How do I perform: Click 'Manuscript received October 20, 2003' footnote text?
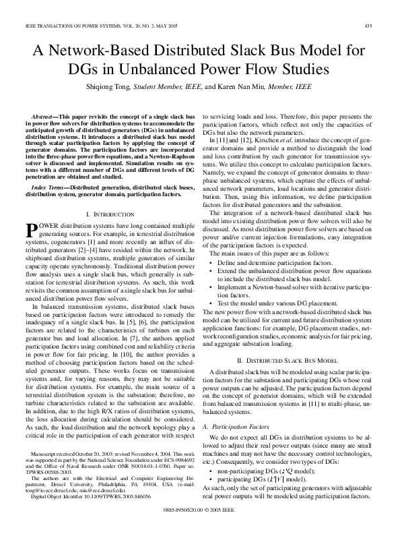pos(74,456)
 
